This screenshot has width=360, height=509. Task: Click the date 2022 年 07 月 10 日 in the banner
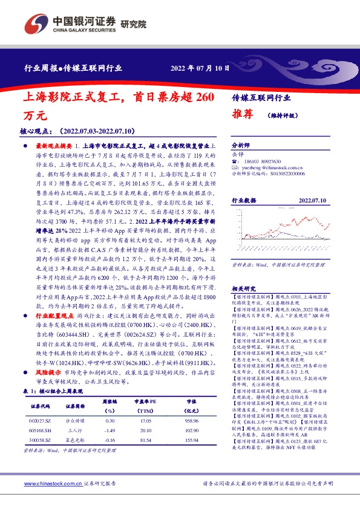[200, 68]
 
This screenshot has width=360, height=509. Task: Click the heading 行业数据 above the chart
[244, 199]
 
